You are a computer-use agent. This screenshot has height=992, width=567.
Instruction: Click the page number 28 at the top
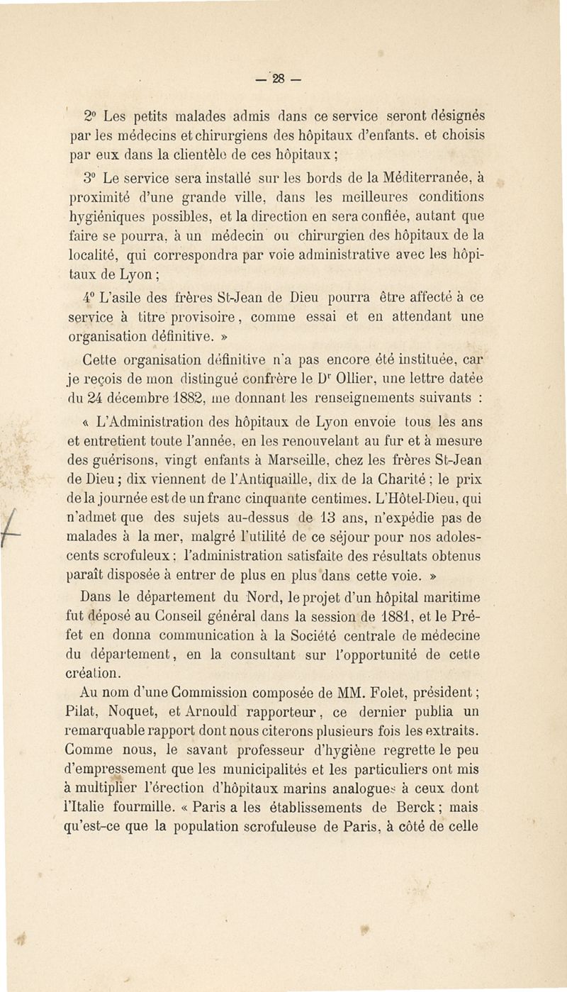283,75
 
